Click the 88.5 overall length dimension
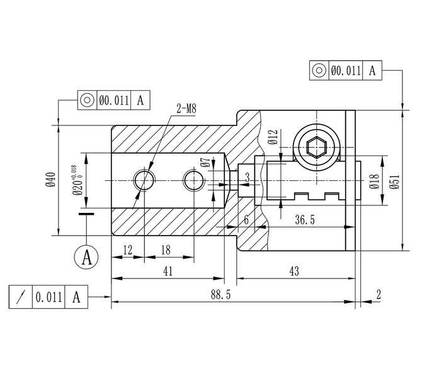tap(220, 295)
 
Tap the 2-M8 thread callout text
tap(186, 108)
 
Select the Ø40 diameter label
tap(50, 180)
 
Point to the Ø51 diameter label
tap(396, 182)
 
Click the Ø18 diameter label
tap(374, 181)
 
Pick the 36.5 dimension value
tap(305, 220)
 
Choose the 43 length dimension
tap(294, 271)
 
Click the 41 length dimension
tap(168, 271)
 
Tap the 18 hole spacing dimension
tap(166, 250)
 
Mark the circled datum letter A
tap(86, 258)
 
